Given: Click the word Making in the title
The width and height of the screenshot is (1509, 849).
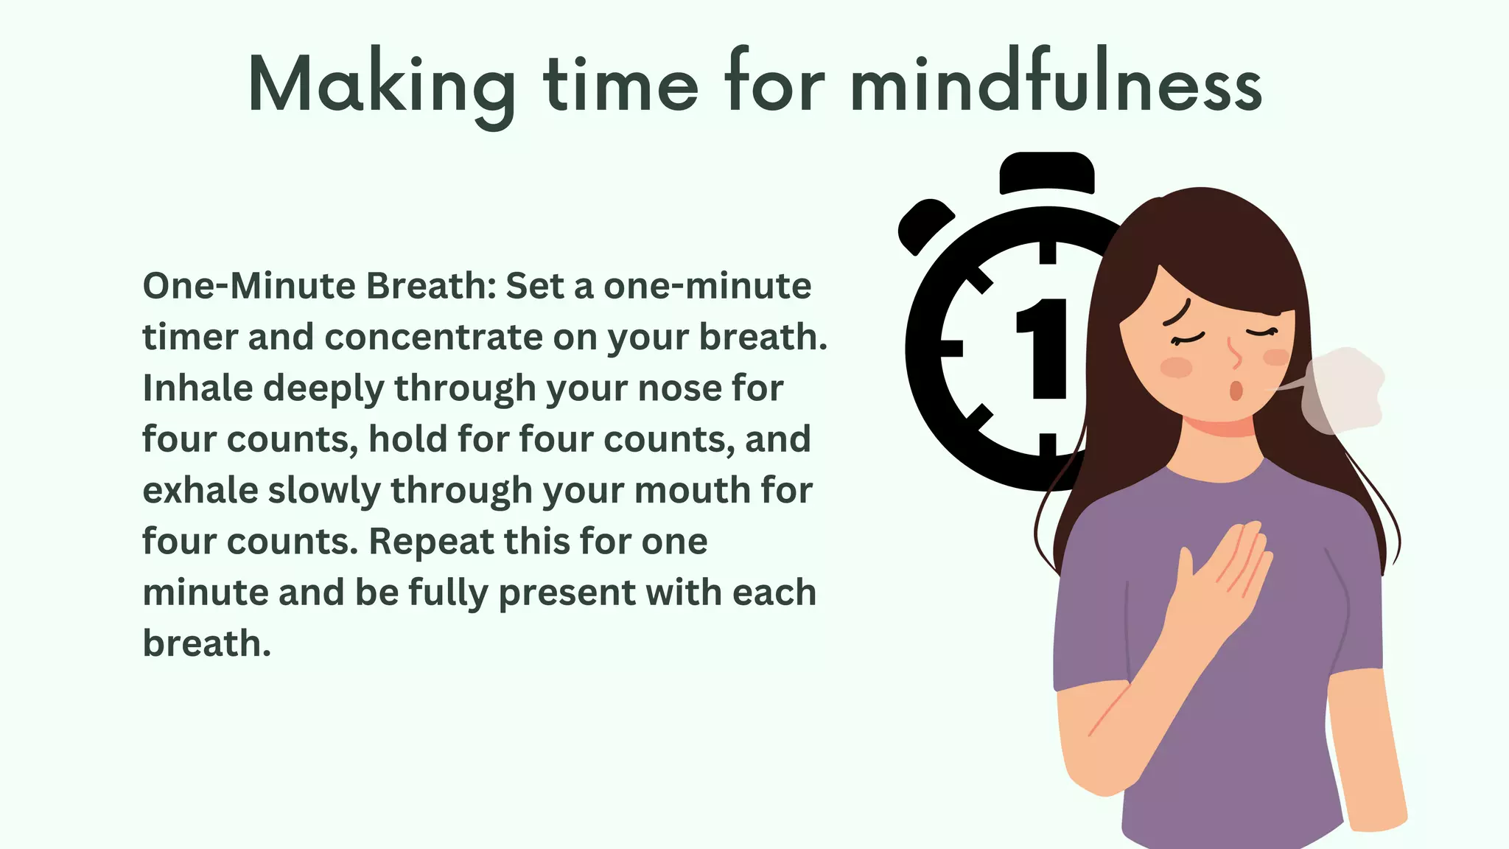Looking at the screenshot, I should click(x=382, y=85).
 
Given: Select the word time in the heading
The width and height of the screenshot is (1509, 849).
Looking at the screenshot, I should click(x=621, y=84).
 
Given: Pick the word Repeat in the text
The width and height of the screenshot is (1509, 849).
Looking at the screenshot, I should click(x=430, y=542).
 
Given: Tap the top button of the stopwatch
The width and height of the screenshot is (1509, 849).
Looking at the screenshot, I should click(x=1047, y=172).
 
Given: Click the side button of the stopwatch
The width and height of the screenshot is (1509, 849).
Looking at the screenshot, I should click(x=924, y=224).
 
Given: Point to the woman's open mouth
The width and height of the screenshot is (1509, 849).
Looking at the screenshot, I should click(x=1236, y=390).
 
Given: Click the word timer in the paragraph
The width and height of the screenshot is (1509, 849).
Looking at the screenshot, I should click(x=189, y=338).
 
